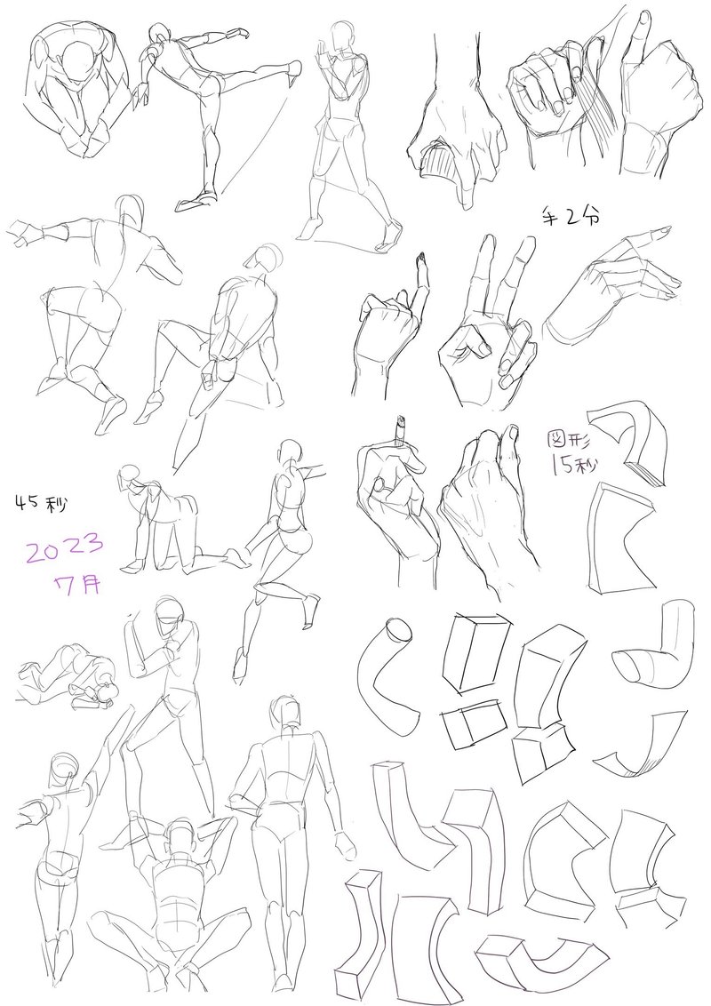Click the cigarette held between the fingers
click(401, 431)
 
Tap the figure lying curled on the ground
click(67, 677)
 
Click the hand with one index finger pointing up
click(390, 326)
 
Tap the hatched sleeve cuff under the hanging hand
click(440, 160)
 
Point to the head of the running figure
click(292, 451)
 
